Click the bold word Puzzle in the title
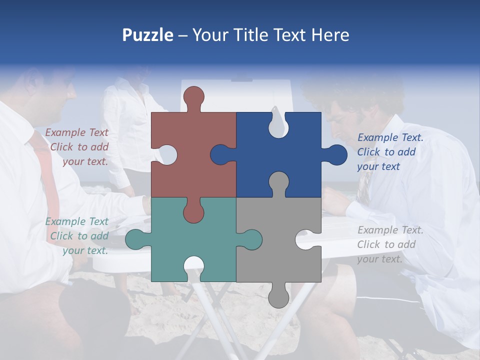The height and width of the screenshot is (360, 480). (x=148, y=35)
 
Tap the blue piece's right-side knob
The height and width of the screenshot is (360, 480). (x=336, y=154)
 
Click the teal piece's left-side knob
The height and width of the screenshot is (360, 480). (x=136, y=239)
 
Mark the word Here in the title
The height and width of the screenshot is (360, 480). (x=330, y=35)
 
